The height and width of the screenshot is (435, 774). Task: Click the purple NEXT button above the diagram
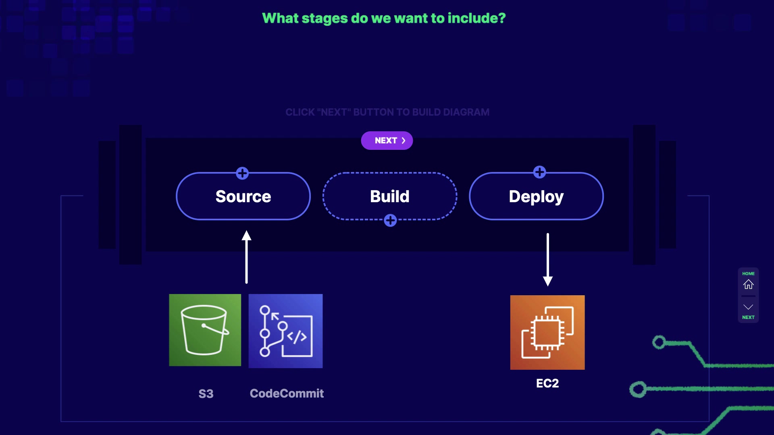387,141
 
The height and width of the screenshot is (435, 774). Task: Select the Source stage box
243,197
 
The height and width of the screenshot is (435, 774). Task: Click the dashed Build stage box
389,197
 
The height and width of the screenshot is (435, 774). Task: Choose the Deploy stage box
536,197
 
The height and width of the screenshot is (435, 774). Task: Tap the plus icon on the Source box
242,173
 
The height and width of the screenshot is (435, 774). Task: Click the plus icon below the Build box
390,220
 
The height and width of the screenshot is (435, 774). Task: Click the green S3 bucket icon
205,330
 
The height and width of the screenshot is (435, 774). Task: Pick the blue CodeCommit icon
285,331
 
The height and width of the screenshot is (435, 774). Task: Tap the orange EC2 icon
547,332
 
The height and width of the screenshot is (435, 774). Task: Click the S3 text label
206,394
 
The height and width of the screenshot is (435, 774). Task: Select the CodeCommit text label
287,393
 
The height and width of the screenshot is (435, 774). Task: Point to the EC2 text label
547,383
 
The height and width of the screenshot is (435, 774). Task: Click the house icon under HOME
748,284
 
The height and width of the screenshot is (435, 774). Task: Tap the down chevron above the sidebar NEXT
748,307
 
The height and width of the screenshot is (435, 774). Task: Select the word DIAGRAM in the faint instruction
466,112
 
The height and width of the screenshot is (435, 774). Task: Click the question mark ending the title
502,18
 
